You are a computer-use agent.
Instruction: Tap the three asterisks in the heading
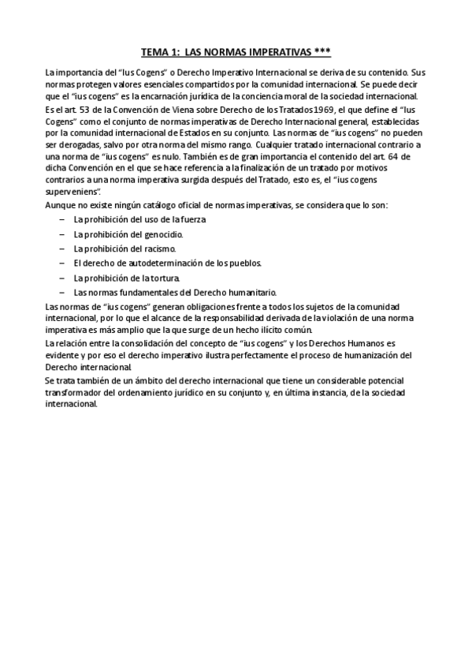pos(322,53)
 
